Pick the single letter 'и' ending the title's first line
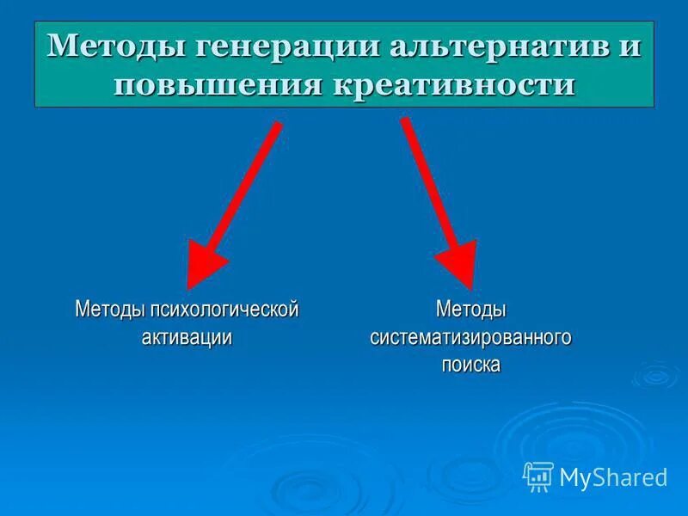pos(630,47)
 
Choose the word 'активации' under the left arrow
pos(187,337)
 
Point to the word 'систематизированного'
pos(471,337)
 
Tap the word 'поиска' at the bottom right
pos(471,365)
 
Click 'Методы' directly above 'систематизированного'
pos(471,308)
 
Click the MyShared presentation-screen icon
pos(538,476)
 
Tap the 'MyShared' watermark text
pos(613,477)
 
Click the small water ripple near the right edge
pos(655,375)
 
